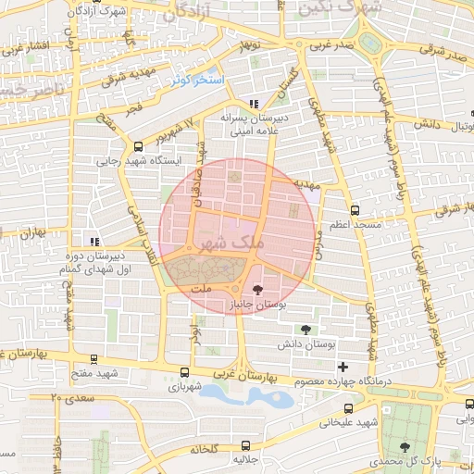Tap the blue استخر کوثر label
[x=197, y=81]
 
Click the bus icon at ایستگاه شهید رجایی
[x=139, y=145]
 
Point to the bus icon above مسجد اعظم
[x=355, y=211]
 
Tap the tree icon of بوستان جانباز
[x=257, y=290]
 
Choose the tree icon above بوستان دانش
[x=306, y=329]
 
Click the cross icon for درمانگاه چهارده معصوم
[x=343, y=367]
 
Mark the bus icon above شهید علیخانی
[x=347, y=408]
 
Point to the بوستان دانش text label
[x=306, y=343]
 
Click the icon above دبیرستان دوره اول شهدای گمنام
[x=91, y=240]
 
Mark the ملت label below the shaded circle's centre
[x=201, y=291]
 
